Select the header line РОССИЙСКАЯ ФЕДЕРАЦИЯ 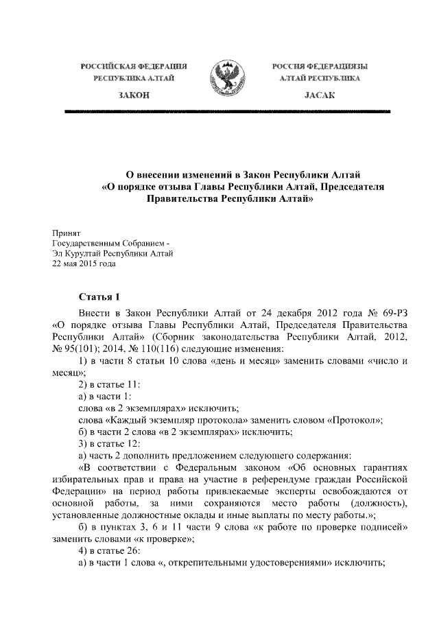point(134,66)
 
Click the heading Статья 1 point(99,296)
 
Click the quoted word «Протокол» point(353,420)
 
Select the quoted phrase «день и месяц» point(253,362)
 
